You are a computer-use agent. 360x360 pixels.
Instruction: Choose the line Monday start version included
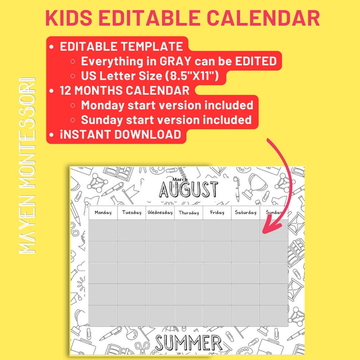click(167, 105)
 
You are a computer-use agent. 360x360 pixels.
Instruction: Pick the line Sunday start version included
click(166, 120)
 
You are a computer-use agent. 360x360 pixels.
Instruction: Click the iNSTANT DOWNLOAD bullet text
click(121, 135)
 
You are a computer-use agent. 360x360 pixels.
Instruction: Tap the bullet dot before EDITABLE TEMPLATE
click(53, 47)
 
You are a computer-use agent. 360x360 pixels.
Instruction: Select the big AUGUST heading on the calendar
click(188, 190)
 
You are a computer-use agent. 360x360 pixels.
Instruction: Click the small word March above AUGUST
click(180, 179)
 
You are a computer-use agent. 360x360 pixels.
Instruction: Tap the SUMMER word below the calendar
click(187, 344)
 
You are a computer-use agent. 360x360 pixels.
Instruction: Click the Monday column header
click(103, 213)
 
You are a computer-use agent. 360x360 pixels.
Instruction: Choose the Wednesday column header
click(160, 213)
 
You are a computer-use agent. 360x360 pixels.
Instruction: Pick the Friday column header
click(217, 213)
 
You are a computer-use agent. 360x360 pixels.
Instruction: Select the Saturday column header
click(245, 213)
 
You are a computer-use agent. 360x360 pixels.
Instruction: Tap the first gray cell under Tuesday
click(131, 230)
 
